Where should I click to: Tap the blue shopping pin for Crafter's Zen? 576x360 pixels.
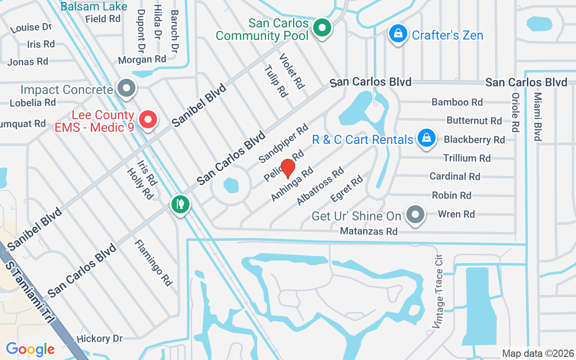(x=398, y=34)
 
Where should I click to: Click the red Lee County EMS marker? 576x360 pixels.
(x=148, y=120)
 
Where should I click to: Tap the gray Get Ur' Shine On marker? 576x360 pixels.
(x=415, y=215)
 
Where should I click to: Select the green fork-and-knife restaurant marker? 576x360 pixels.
(x=180, y=205)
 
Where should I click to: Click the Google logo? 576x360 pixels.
(x=30, y=349)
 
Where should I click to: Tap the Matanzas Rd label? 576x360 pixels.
(x=369, y=231)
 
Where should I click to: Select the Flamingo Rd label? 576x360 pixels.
(x=153, y=263)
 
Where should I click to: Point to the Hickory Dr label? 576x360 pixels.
(x=99, y=338)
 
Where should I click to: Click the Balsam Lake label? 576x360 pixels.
(x=94, y=6)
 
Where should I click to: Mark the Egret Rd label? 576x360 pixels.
(x=346, y=189)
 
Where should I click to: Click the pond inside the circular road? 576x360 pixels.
(x=231, y=184)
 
